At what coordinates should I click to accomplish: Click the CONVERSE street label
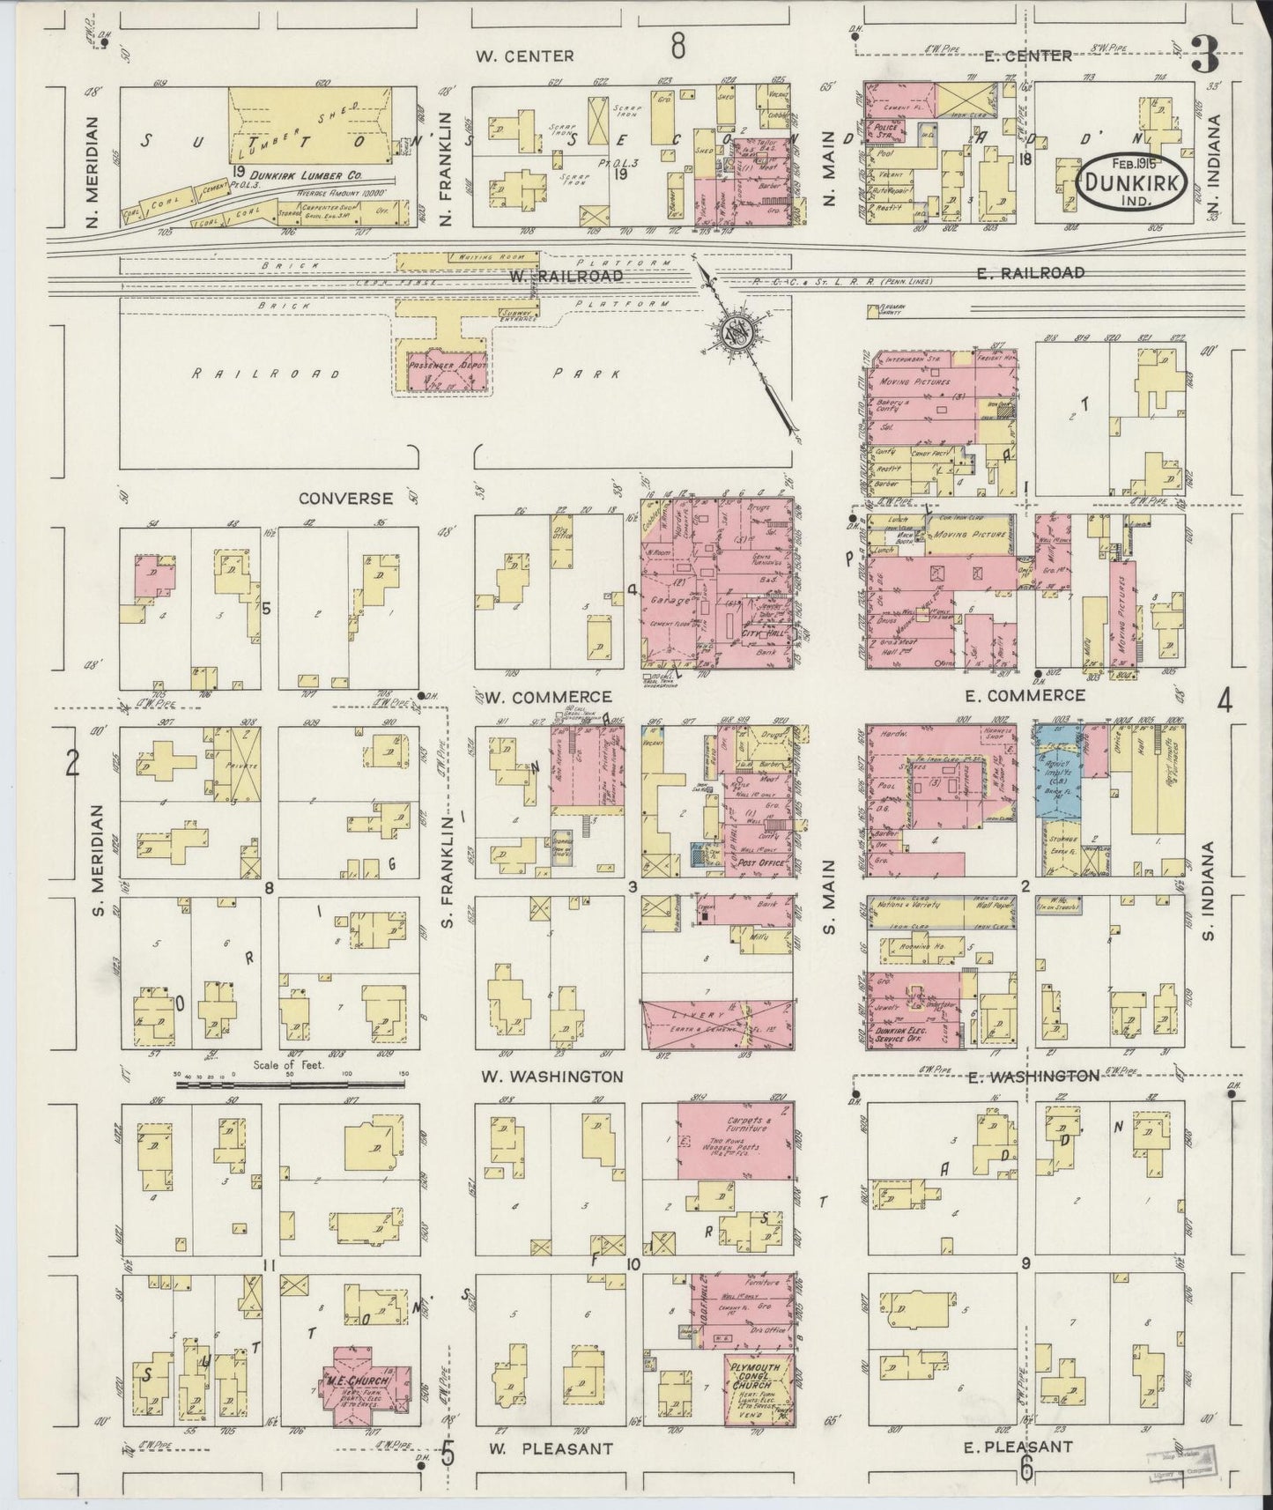(x=345, y=498)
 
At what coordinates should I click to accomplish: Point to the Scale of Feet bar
(x=290, y=1085)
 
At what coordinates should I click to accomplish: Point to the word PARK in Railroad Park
(x=586, y=374)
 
